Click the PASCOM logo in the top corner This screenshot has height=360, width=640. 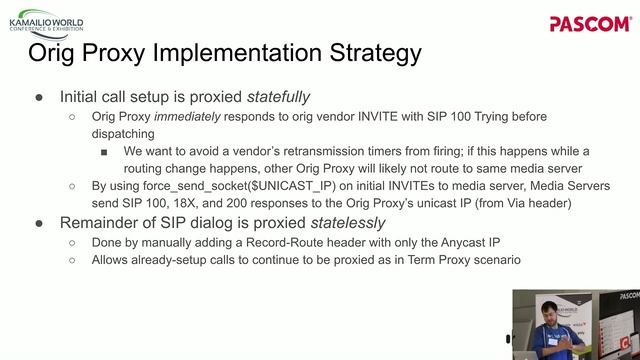pyautogui.click(x=590, y=23)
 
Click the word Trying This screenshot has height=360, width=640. pyautogui.click(x=480, y=117)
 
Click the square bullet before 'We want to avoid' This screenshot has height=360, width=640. pyautogui.click(x=103, y=151)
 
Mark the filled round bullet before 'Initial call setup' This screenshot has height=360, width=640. pyautogui.click(x=39, y=97)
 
